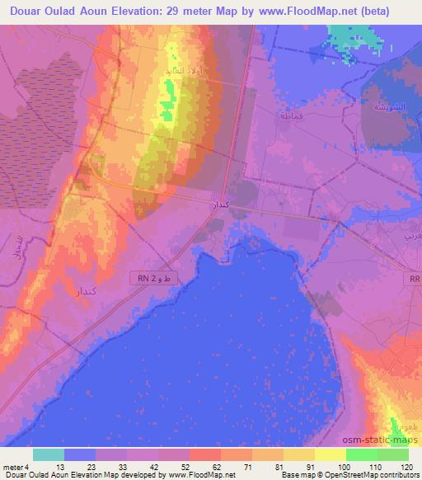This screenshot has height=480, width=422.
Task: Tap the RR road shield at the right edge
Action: [415, 279]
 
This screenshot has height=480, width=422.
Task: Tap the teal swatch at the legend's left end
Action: [49, 454]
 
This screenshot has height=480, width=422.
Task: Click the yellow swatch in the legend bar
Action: [329, 454]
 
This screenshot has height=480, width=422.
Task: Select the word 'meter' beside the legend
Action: [13, 467]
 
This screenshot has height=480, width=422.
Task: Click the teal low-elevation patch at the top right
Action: [353, 35]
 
